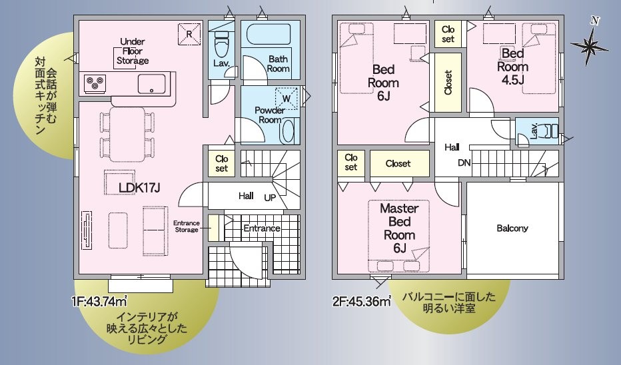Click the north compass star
click(590, 46)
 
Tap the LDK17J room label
click(139, 188)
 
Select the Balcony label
click(512, 228)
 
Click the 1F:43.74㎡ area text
click(99, 302)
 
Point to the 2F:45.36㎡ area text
click(362, 302)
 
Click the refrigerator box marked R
click(189, 34)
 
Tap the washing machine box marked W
click(286, 98)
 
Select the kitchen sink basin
click(152, 84)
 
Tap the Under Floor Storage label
click(133, 51)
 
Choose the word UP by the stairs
click(270, 197)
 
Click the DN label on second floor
click(464, 163)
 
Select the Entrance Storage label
click(186, 226)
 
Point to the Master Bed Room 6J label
click(399, 228)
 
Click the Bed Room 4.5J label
click(512, 67)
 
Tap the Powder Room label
click(270, 115)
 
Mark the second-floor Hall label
click(452, 147)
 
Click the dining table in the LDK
click(127, 135)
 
